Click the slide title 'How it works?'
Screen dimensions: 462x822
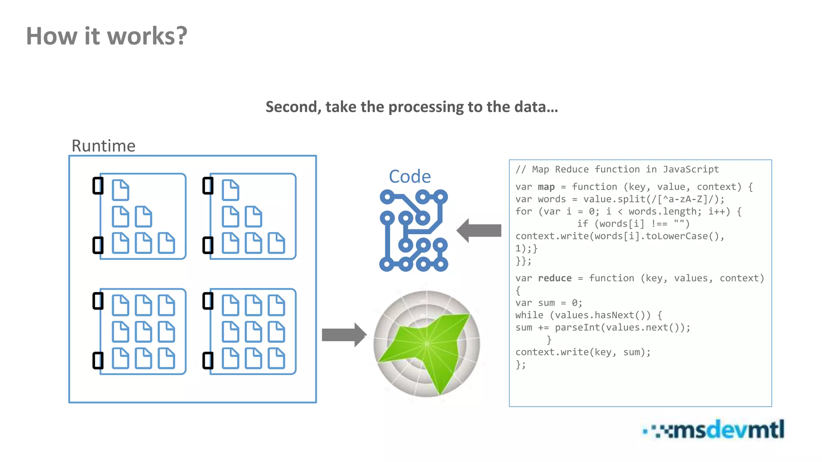[x=106, y=36]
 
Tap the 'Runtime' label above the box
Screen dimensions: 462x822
[x=103, y=146]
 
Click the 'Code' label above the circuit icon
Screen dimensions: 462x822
[x=410, y=176]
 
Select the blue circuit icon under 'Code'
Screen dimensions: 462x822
[x=413, y=231]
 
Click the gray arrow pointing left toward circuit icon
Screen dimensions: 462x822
[x=479, y=231]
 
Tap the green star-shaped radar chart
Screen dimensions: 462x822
[x=426, y=344]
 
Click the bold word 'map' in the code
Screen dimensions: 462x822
[x=546, y=187]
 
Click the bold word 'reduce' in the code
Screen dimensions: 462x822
[x=554, y=278]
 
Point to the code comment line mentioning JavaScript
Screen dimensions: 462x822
[x=617, y=169]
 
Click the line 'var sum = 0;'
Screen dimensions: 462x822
[x=548, y=303]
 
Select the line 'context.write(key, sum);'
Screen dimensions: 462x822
[x=582, y=352]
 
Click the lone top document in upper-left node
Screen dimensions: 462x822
[x=120, y=190]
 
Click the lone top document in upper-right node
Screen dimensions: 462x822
[x=230, y=190]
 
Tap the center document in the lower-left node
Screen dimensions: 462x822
[x=143, y=332]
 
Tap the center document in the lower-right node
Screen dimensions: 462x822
[x=253, y=332]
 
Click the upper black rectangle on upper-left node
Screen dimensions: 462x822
[x=98, y=186]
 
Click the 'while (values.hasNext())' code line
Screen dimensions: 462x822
[x=588, y=315]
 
